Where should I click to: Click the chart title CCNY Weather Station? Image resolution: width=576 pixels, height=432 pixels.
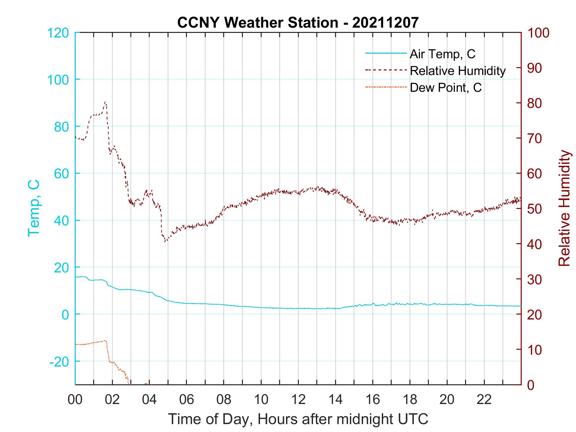coord(298,22)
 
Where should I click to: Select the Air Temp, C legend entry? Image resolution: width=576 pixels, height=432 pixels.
coord(442,54)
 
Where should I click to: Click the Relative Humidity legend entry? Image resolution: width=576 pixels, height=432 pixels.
coord(457,71)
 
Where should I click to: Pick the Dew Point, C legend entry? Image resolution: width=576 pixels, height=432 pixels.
coord(445,88)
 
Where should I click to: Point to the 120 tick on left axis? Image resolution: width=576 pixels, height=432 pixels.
coord(58,33)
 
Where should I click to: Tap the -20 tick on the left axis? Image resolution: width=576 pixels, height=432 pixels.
coord(59,362)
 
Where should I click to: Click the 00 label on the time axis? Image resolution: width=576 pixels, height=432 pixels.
coord(75,400)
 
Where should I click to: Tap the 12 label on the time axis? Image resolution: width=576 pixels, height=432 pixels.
coord(298,400)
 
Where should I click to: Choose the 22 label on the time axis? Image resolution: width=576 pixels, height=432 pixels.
coord(484,400)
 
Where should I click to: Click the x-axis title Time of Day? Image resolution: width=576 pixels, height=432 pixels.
coord(298,419)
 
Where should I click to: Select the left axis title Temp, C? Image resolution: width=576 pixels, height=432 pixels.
coord(34,208)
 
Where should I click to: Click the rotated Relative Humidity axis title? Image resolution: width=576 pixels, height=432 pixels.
coord(564,208)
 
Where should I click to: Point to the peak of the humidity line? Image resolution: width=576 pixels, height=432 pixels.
coord(105,102)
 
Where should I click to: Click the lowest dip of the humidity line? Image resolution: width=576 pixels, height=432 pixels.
coord(166,241)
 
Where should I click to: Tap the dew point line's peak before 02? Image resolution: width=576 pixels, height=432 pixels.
coord(105,341)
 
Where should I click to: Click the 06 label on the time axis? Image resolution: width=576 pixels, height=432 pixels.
coord(187,400)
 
